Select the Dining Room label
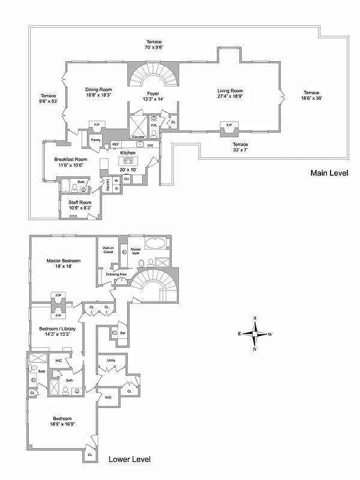98,89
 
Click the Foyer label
153,94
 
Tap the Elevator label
139,137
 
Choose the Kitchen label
128,154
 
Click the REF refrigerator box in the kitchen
116,145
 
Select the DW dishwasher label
150,145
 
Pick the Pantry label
95,140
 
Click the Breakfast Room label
71,159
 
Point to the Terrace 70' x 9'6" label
154,44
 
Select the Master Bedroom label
64,261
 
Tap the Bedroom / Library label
58,328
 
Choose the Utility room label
111,361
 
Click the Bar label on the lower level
122,332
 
